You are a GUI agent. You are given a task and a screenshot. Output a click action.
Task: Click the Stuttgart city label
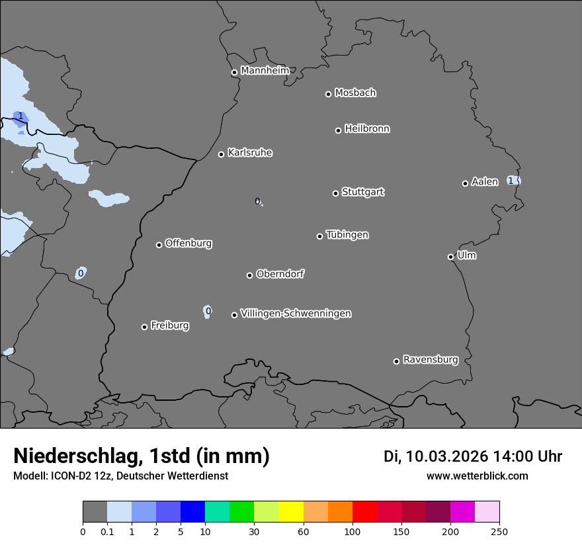tap(362, 192)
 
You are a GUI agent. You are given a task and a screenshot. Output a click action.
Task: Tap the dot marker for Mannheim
tap(234, 73)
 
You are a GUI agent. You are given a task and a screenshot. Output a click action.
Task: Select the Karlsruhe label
tap(249, 153)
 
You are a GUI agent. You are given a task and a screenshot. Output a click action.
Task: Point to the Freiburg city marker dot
tap(144, 327)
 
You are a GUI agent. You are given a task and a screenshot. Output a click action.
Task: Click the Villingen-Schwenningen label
tap(296, 314)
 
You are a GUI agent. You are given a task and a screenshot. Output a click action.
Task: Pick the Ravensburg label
tap(430, 360)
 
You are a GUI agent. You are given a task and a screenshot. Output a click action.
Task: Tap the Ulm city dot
tap(450, 257)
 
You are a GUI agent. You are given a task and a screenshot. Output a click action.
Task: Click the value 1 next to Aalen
tap(511, 181)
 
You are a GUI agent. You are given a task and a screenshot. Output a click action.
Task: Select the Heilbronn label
tap(366, 129)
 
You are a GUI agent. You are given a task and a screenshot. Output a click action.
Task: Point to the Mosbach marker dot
tap(328, 94)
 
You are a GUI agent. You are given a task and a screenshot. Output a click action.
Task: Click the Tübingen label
tap(347, 235)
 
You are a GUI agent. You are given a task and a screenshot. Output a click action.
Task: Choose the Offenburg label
tap(188, 243)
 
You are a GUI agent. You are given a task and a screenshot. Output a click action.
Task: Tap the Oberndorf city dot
tap(249, 275)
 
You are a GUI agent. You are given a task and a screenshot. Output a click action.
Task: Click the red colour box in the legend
tap(364, 512)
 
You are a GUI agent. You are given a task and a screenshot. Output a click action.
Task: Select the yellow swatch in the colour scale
tap(290, 512)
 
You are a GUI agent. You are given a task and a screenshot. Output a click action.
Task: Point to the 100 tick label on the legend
tap(353, 531)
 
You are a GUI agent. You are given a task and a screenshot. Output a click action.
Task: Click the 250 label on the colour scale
tap(499, 531)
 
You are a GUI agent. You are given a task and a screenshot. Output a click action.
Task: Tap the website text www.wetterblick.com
tap(477, 476)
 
